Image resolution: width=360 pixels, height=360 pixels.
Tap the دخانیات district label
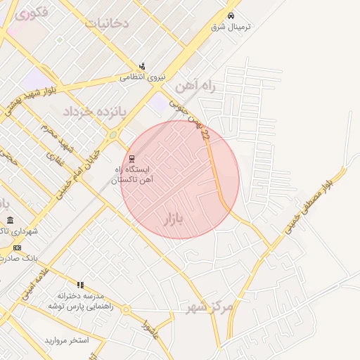107,22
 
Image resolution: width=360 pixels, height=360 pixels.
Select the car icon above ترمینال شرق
232,15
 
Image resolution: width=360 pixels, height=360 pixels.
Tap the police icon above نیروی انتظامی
142,66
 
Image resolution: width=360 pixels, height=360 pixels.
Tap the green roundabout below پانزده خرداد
112,134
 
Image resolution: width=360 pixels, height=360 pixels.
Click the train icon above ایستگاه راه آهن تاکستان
132,159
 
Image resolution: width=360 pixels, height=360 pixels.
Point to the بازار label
172,219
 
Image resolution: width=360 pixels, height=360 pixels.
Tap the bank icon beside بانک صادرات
17,247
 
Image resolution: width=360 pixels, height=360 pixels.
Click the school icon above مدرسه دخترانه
80,285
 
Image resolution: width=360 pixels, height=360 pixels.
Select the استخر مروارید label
67,340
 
